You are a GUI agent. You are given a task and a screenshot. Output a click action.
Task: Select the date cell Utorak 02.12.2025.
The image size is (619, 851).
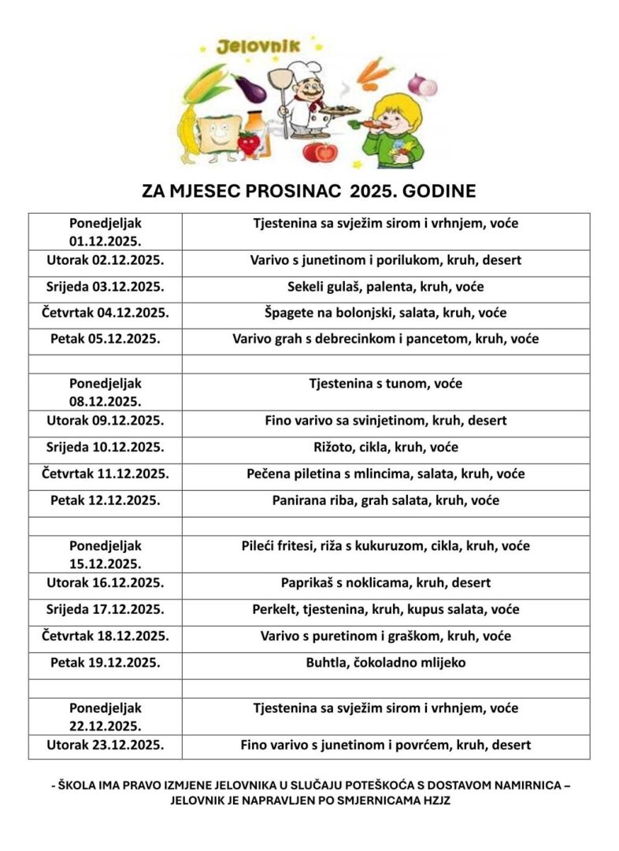point(106,260)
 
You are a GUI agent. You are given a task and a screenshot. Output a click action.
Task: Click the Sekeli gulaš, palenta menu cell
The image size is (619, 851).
point(385,287)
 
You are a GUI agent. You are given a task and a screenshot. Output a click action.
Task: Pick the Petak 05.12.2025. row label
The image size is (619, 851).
point(106,339)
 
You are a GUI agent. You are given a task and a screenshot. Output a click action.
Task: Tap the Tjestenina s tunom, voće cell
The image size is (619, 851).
point(385,385)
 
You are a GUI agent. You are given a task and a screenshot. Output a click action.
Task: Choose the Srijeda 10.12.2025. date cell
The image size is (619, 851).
point(106,447)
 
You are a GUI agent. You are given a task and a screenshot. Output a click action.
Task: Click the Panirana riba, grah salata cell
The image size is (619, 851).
point(385,500)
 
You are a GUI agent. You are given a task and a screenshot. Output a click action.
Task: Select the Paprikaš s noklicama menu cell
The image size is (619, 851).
point(385,583)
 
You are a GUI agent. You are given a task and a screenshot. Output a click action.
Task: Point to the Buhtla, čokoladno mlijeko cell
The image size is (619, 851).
point(385,663)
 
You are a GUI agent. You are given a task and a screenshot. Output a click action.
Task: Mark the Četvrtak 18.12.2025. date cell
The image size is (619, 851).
point(106,636)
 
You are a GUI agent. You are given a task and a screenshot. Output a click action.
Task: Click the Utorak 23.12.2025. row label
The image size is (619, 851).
point(106,745)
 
